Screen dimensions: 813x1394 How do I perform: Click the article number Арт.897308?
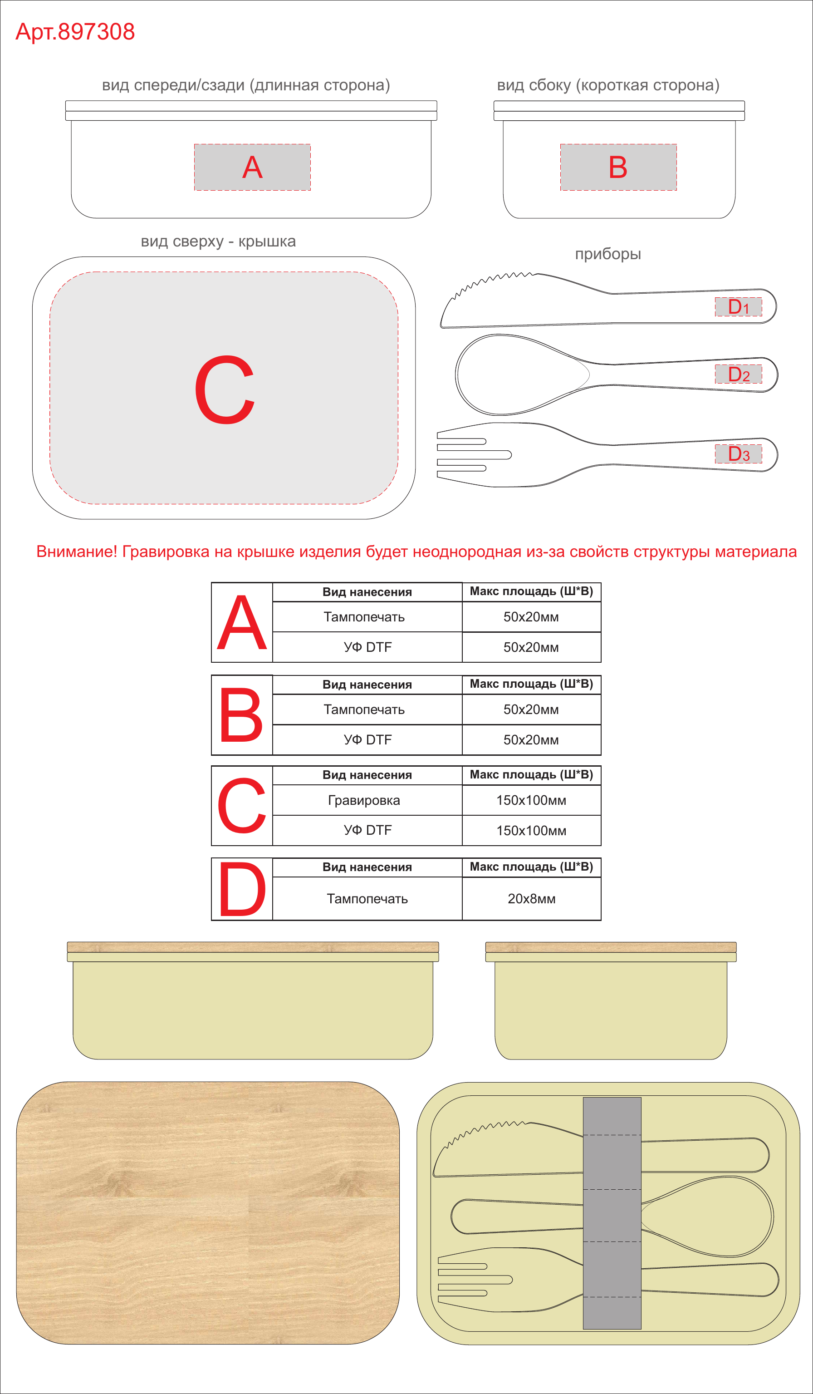(x=75, y=31)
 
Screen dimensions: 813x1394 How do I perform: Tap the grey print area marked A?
(x=252, y=167)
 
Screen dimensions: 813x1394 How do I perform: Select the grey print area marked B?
(x=618, y=167)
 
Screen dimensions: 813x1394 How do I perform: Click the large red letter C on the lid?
(x=225, y=389)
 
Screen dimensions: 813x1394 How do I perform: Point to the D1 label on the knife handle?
(x=738, y=306)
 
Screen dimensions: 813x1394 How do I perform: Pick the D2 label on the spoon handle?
(x=738, y=374)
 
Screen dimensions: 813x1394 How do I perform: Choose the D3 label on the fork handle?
(x=738, y=453)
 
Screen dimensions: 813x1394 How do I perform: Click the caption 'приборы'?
(x=608, y=254)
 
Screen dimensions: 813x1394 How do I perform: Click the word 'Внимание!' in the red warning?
(x=77, y=552)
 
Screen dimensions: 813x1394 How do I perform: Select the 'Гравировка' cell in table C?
(x=364, y=800)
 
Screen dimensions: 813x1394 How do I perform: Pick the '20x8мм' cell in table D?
(x=532, y=898)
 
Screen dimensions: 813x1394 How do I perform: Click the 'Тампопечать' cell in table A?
(x=364, y=617)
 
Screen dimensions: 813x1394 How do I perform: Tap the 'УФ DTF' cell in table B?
(x=367, y=739)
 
